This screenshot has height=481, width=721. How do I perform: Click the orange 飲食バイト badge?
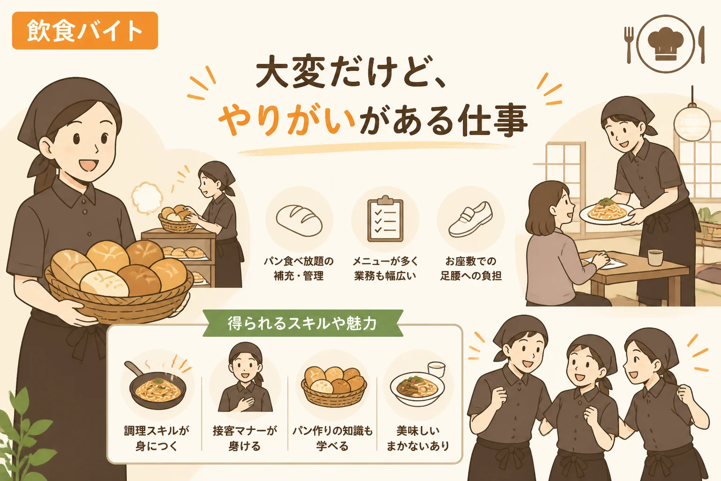[85, 31]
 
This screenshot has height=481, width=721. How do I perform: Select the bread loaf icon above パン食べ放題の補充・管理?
[299, 220]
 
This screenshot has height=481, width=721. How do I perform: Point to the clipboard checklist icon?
[385, 218]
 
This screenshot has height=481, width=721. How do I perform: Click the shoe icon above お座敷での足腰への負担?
[471, 220]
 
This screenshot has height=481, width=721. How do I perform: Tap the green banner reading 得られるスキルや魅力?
[303, 324]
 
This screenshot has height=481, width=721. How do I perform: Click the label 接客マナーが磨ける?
[245, 438]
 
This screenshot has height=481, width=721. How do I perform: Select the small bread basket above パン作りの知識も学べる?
[334, 386]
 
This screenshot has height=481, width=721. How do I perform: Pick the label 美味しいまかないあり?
[418, 438]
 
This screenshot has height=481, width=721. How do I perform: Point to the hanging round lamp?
[692, 123]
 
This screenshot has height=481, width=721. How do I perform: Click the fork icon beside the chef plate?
[629, 45]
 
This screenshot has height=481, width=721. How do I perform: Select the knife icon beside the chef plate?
[702, 45]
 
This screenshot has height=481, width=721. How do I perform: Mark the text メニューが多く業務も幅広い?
[385, 268]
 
